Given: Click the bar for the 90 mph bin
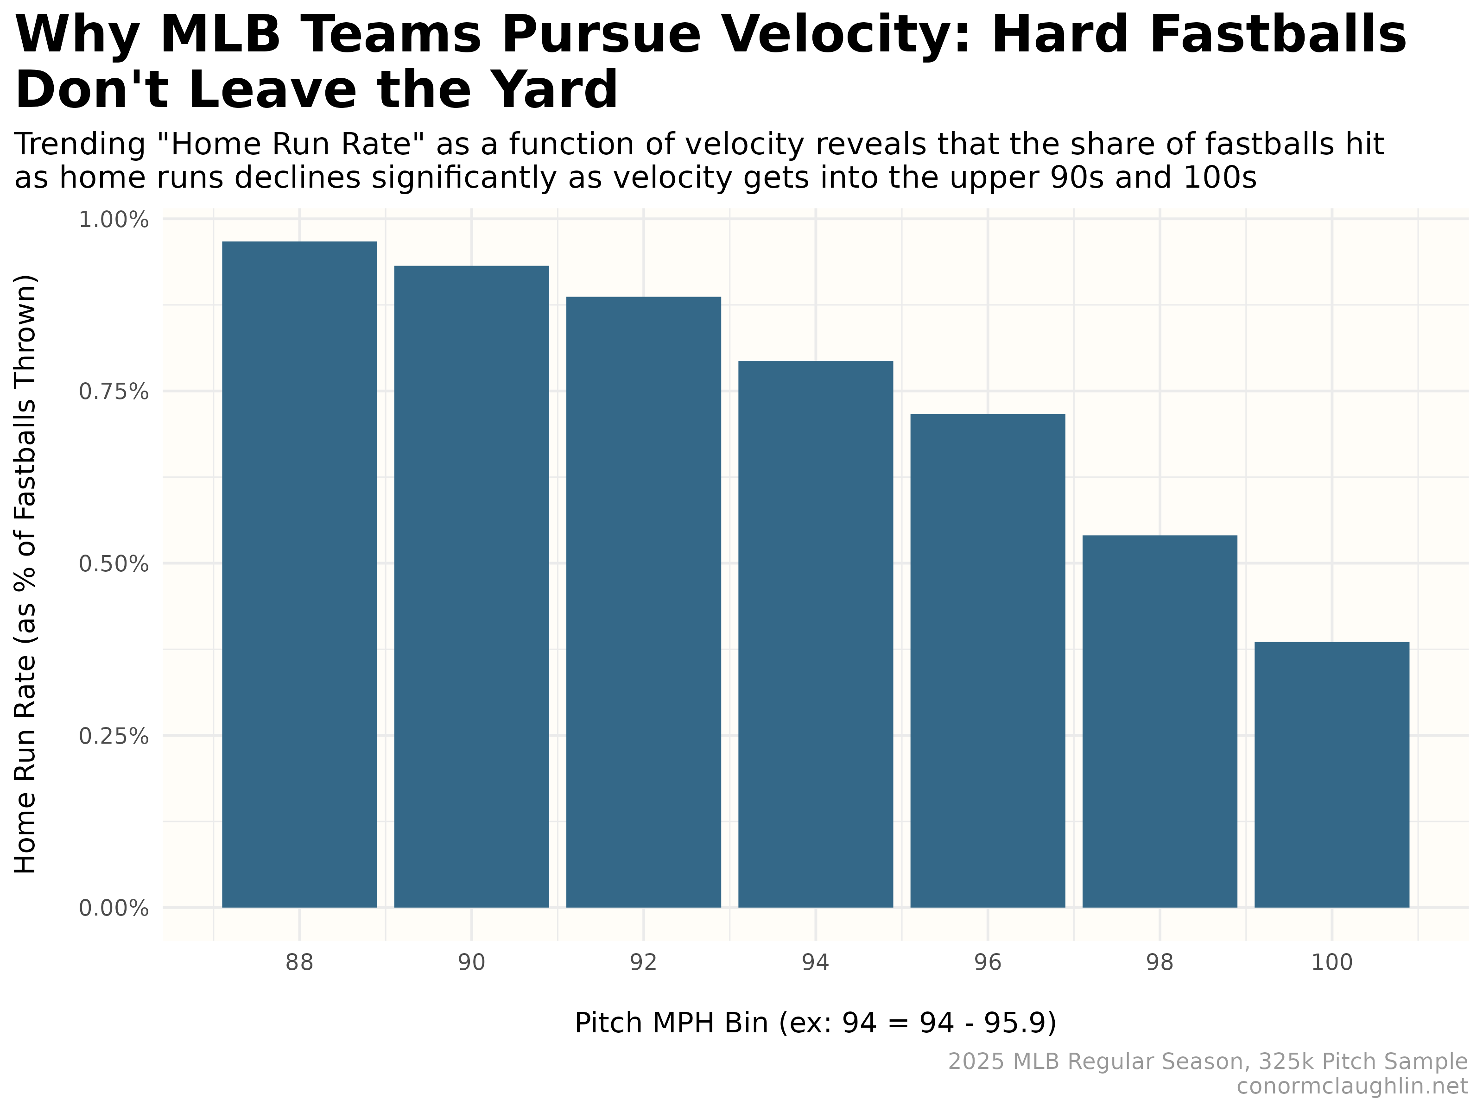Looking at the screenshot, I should (x=471, y=587).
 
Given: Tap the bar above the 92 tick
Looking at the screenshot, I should (x=644, y=602).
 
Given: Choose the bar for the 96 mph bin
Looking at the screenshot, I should (x=988, y=660).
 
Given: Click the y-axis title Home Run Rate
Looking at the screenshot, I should (x=25, y=574).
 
